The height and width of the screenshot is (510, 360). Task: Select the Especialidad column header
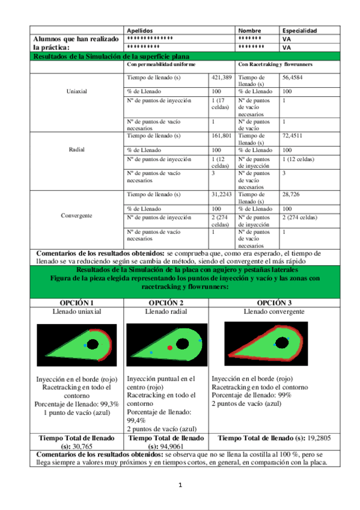coord(299,30)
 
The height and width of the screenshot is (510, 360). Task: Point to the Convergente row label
coord(76,215)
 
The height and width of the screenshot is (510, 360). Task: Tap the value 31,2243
coord(222,194)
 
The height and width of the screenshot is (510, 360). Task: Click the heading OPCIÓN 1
coord(76,302)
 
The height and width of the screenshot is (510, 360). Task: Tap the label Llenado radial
coord(165,312)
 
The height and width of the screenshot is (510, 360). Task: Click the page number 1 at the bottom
coord(180,485)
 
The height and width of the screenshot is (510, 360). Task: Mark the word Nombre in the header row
coord(249,30)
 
